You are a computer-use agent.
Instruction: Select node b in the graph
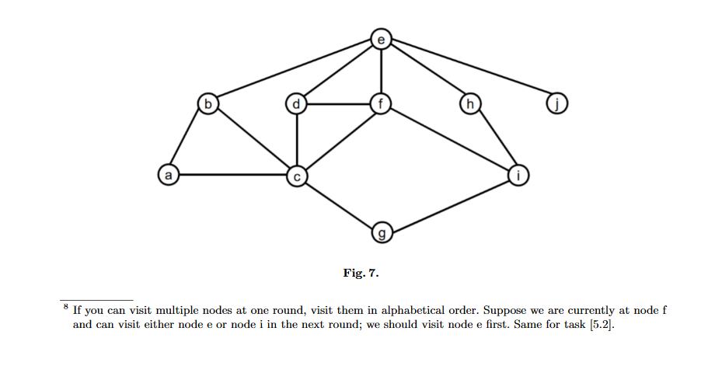[x=207, y=103]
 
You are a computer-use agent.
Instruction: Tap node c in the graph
[x=297, y=176]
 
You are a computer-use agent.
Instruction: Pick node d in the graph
[x=297, y=103]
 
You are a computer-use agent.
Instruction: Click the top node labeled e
[x=381, y=38]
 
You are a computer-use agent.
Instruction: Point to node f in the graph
[x=381, y=103]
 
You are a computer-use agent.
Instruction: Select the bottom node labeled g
[x=381, y=232]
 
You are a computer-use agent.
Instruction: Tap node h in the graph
[x=469, y=103]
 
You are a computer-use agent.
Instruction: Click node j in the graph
[x=555, y=103]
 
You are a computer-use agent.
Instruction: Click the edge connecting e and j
[x=468, y=71]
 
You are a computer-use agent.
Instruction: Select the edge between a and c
[x=232, y=176]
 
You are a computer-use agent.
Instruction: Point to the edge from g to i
[x=448, y=204]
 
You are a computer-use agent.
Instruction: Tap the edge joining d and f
[x=339, y=103]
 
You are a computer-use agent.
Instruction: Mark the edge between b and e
[x=294, y=71]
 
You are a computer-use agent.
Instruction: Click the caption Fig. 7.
[x=361, y=273]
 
